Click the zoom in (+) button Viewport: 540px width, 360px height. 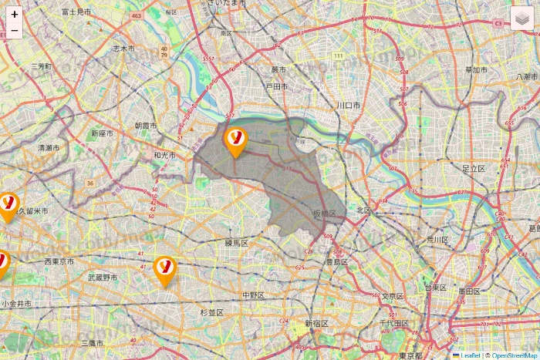(x=15, y=14)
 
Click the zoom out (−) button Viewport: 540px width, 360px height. (x=15, y=30)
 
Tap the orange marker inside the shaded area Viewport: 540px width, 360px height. (x=235, y=141)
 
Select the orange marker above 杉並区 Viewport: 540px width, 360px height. (x=164, y=270)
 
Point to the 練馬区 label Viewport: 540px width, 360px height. (x=236, y=243)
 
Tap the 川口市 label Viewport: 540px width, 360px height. (x=349, y=104)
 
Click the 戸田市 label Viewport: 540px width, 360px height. (x=276, y=87)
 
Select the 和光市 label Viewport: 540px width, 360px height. (x=164, y=155)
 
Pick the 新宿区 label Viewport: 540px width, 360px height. (x=317, y=323)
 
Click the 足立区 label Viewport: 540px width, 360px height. (x=473, y=167)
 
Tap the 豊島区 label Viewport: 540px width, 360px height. (x=336, y=262)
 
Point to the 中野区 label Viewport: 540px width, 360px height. (x=253, y=295)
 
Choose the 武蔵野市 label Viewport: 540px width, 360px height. (x=103, y=277)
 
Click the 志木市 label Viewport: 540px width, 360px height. (x=123, y=48)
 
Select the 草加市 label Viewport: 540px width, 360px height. (x=476, y=70)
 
